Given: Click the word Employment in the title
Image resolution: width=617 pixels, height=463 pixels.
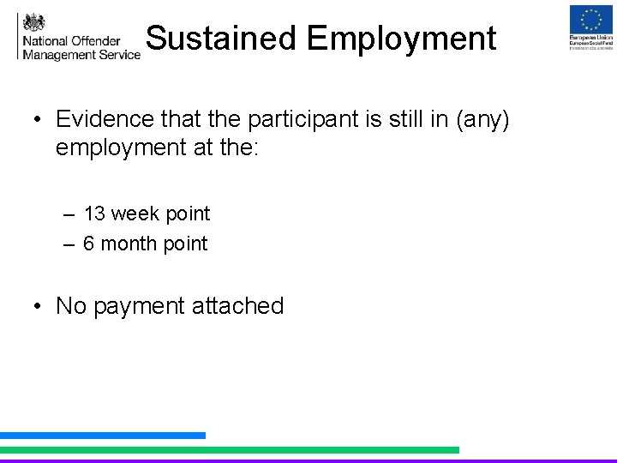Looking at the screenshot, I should (401, 39).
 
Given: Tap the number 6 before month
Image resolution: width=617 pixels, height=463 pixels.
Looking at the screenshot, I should (89, 244).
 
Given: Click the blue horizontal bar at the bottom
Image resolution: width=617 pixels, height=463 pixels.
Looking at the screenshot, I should (103, 436).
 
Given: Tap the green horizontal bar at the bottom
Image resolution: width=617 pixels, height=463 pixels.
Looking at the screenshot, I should (230, 449).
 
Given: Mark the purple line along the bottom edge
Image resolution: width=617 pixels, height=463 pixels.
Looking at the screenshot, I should (308, 460).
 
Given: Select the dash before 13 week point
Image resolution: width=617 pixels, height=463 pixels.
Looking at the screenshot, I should (69, 214).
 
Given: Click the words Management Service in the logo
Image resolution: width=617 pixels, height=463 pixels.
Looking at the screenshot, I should (81, 54).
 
